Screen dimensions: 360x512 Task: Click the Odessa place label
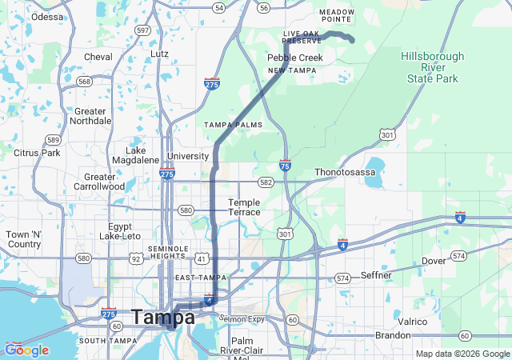pyautogui.click(x=47, y=16)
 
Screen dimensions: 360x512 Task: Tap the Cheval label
pyautogui.click(x=98, y=57)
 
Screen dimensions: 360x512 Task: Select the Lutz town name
pyautogui.click(x=160, y=54)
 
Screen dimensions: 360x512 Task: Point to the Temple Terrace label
pyautogui.click(x=244, y=207)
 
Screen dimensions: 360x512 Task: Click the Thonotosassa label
pyautogui.click(x=345, y=171)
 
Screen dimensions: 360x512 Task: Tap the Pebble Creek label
pyautogui.click(x=295, y=58)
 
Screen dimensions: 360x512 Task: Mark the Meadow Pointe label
pyautogui.click(x=336, y=14)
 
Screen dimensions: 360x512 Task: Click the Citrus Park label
pyautogui.click(x=37, y=152)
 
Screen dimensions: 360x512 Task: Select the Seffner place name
pyautogui.click(x=376, y=275)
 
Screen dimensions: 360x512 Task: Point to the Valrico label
pyautogui.click(x=413, y=321)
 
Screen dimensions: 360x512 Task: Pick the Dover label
pyautogui.click(x=434, y=261)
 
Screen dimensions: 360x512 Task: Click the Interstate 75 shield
pyautogui.click(x=286, y=166)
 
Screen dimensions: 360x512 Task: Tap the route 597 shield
pyautogui.click(x=143, y=30)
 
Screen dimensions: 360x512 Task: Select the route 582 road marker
pyautogui.click(x=266, y=182)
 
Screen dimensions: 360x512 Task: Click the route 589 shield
pyautogui.click(x=53, y=139)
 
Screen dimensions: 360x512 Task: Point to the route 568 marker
pyautogui.click(x=85, y=81)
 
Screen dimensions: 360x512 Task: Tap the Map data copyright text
pyautogui.click(x=462, y=354)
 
